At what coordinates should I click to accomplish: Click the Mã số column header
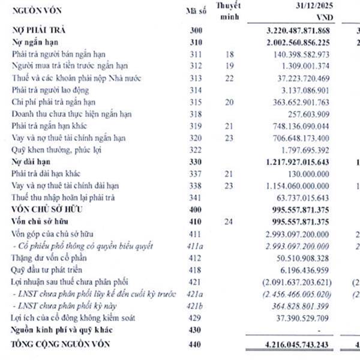click(x=196, y=11)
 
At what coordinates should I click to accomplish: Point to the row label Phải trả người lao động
click(x=52, y=90)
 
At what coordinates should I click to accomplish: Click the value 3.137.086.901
click(x=305, y=90)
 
